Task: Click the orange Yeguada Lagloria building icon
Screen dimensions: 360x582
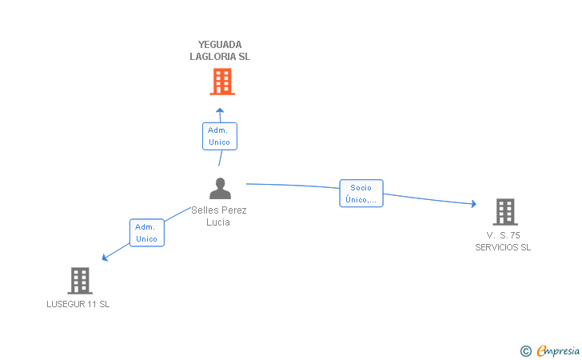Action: [x=221, y=81]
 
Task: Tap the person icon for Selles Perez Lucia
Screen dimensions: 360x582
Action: [x=220, y=188]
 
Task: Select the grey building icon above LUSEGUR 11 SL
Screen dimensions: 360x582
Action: [x=79, y=280]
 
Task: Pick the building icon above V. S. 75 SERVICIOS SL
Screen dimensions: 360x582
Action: [x=504, y=212]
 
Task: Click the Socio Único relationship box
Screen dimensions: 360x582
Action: [x=361, y=194]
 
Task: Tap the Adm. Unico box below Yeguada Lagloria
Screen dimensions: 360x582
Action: [x=219, y=136]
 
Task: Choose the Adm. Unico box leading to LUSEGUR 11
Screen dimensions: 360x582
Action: [x=146, y=233]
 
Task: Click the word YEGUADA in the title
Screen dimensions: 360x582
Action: [x=220, y=45]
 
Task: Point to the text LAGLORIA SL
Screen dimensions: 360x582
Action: [x=220, y=57]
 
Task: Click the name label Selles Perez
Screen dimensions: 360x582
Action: [x=219, y=210]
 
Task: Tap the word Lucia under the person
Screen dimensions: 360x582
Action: [x=218, y=222]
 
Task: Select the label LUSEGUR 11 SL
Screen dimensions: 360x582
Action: [x=78, y=304]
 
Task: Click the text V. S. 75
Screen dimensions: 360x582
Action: [x=503, y=235]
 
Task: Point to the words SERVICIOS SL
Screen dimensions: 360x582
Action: [x=503, y=247]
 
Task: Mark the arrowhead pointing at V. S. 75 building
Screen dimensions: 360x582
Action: [x=472, y=204]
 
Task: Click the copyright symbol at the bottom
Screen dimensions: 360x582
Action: [x=525, y=350]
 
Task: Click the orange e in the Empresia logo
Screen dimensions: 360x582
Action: [x=542, y=350]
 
